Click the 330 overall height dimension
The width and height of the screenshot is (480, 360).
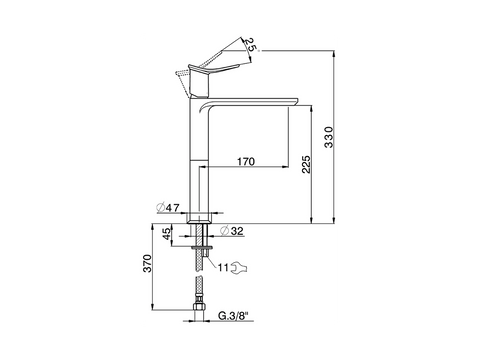[329, 137]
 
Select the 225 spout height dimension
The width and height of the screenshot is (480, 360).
[306, 164]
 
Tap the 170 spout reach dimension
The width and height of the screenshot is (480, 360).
[246, 162]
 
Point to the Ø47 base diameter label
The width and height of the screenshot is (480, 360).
[168, 208]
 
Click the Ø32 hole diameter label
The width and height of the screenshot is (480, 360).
[232, 231]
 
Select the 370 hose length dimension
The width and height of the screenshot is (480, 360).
[147, 263]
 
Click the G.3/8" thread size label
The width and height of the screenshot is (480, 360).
[234, 316]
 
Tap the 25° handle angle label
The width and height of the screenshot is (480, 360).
[251, 44]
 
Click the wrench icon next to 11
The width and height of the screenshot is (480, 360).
[239, 267]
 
